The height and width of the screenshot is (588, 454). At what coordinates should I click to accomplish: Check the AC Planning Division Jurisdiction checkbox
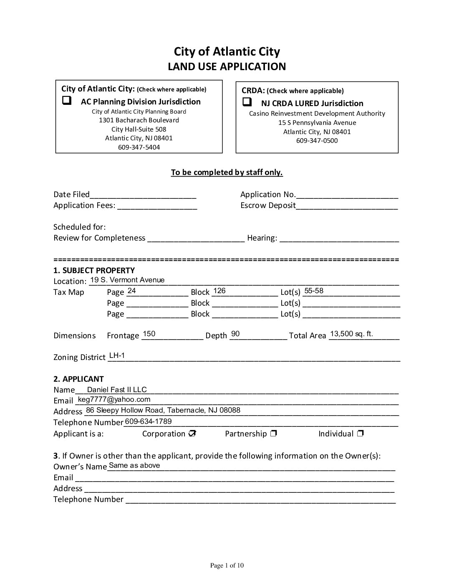click(x=66, y=101)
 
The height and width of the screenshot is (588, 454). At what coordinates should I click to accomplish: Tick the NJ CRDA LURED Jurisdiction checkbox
click(x=247, y=102)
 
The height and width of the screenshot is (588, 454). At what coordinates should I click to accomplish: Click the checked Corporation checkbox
click(x=192, y=433)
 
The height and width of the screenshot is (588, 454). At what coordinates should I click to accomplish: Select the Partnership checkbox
click(x=273, y=433)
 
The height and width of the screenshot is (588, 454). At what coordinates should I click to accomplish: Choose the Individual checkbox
click(x=361, y=433)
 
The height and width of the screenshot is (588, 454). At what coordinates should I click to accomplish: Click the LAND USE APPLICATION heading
click(x=227, y=67)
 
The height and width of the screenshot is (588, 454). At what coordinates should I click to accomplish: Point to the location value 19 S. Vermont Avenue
click(x=127, y=280)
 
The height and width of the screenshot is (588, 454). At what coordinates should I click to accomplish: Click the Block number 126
click(x=219, y=291)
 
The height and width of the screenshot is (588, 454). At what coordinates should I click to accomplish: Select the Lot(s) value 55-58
click(x=314, y=291)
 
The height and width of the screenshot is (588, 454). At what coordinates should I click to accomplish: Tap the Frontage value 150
click(x=149, y=334)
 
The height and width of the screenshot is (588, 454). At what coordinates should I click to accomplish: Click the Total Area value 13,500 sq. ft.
click(x=351, y=334)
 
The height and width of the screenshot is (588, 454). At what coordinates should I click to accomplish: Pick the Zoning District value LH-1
click(x=117, y=355)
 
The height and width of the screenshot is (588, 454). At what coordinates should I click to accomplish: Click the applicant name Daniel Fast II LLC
click(x=117, y=390)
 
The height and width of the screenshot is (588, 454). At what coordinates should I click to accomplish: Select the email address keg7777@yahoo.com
click(x=114, y=400)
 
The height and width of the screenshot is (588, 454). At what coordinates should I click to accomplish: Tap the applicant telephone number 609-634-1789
click(x=148, y=421)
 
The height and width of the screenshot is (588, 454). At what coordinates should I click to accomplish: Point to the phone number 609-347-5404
click(x=139, y=147)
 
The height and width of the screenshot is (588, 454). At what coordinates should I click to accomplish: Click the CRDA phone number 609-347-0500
click(x=317, y=141)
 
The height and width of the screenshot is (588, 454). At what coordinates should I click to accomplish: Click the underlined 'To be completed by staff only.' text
click(x=227, y=172)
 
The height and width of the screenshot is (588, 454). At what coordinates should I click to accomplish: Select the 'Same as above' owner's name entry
click(x=134, y=465)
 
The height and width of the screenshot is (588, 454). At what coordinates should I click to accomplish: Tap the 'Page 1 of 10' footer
click(x=227, y=566)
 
